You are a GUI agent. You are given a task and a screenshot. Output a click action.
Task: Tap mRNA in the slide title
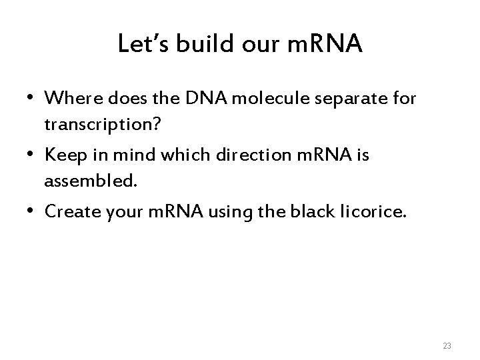point(325,45)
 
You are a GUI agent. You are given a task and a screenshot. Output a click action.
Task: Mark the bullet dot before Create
point(31,210)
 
